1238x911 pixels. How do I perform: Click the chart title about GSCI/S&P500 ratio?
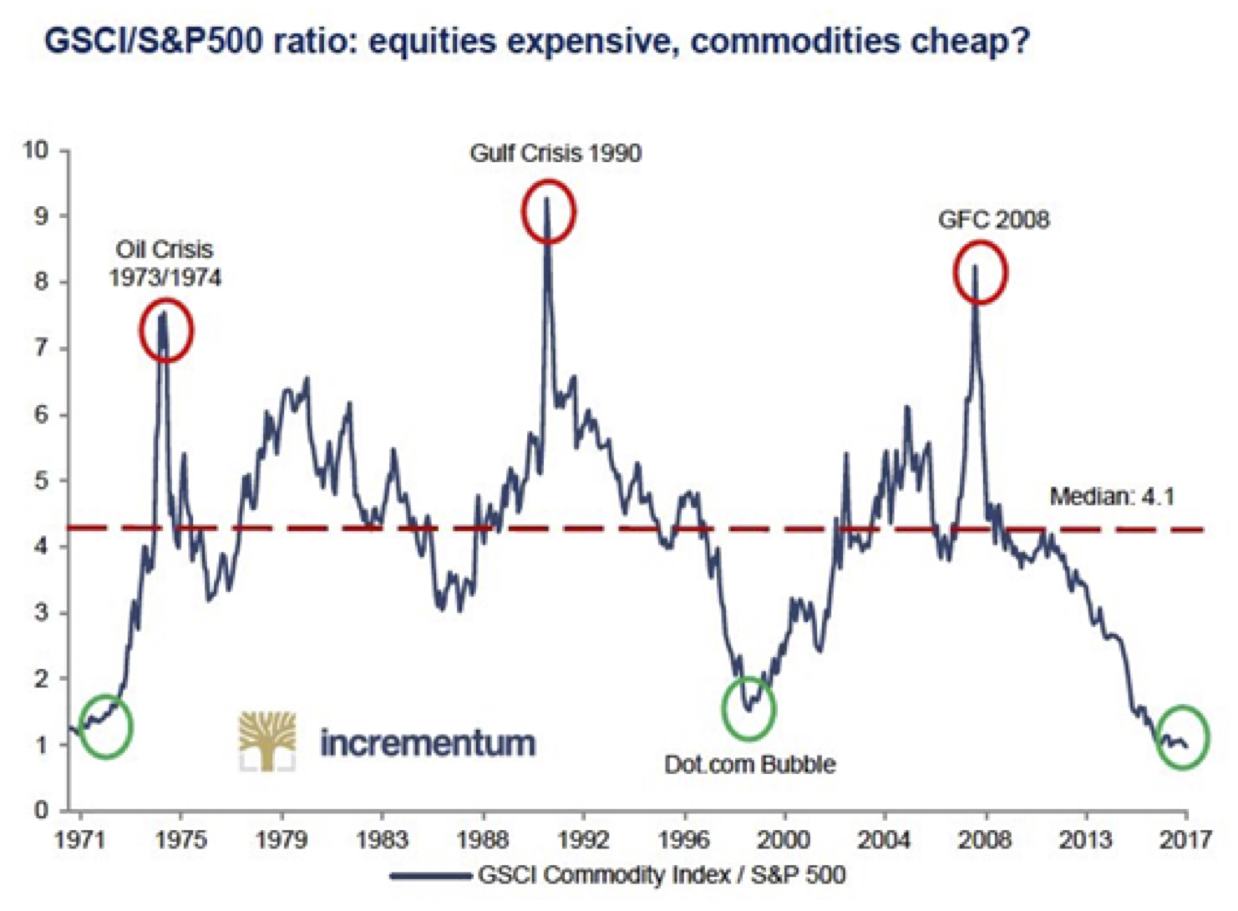(x=536, y=41)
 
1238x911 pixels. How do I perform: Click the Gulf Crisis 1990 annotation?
(x=556, y=154)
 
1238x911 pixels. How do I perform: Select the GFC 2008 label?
(x=993, y=220)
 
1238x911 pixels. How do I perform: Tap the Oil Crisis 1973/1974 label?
(x=165, y=263)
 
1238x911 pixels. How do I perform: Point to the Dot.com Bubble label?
(x=749, y=764)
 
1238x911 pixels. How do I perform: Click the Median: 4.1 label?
(x=1112, y=497)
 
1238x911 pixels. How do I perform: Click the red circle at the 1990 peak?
(x=549, y=211)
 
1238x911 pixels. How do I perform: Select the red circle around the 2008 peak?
(x=980, y=272)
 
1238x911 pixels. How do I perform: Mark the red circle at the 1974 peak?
(x=166, y=331)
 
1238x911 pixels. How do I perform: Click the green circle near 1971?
(x=106, y=726)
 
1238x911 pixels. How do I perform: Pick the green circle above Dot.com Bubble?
(x=748, y=708)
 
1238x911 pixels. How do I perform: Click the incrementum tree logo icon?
(x=267, y=741)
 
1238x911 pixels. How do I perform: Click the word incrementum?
(x=428, y=742)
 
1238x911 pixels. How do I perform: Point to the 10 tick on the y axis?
(x=36, y=150)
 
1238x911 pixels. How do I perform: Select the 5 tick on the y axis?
(x=41, y=481)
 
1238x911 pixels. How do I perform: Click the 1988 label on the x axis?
(x=483, y=839)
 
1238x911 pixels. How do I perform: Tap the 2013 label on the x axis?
(x=1085, y=839)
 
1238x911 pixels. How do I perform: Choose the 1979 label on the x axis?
(x=282, y=839)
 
